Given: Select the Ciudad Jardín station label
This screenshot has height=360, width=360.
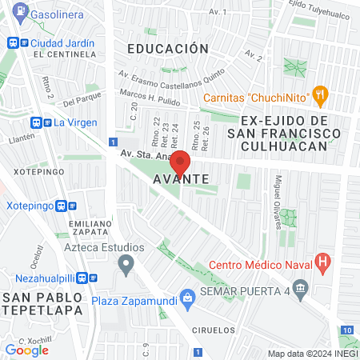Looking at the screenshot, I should pos(62,42).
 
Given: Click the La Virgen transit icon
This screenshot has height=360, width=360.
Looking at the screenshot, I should pos(37,122).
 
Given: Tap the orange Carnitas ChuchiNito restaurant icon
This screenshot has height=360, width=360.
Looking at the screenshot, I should pos(321,95).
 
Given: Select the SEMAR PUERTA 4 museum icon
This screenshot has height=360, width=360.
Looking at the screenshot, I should pos(301,288).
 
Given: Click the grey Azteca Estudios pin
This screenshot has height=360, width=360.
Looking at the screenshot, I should pos(126,263).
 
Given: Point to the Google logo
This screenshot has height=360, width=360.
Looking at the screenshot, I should pos(27,350).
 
